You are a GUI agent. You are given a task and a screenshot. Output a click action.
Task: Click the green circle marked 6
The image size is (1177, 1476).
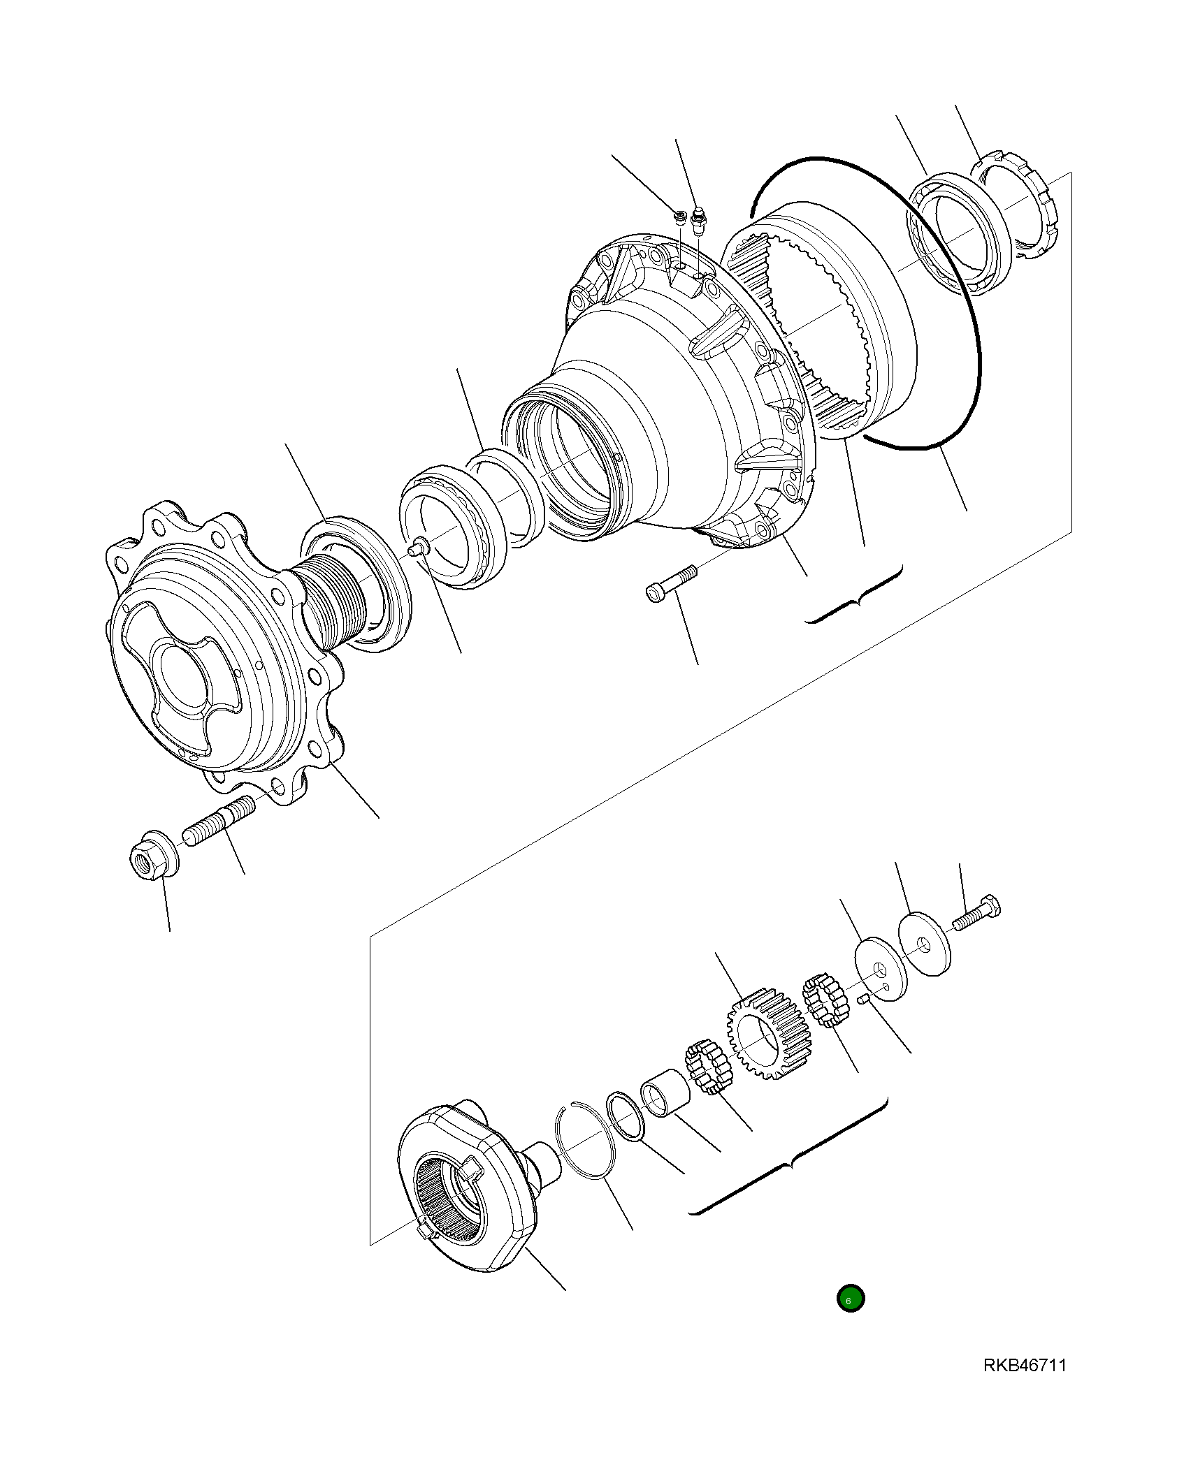[851, 1298]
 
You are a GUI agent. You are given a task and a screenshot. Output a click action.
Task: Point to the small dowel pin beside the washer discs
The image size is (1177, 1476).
[863, 999]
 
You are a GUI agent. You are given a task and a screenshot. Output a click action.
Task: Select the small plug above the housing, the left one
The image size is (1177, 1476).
[679, 216]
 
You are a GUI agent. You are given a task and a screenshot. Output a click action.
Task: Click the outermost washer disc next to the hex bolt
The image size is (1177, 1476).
[925, 944]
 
